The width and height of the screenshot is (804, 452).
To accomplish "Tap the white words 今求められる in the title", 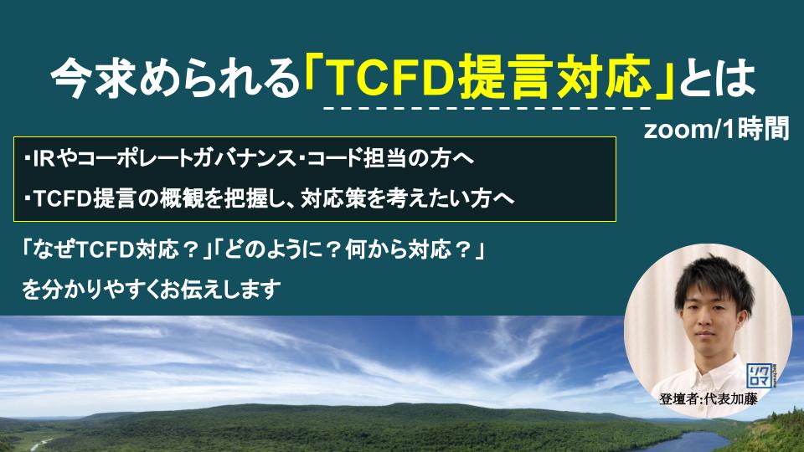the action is pyautogui.click(x=174, y=79).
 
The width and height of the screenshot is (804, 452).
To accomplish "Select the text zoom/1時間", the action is pyautogui.click(x=716, y=129).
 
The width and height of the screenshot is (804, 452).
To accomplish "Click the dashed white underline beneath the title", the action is pyautogui.click(x=487, y=109).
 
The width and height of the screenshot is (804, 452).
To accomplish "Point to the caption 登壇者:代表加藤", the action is pyautogui.click(x=709, y=398).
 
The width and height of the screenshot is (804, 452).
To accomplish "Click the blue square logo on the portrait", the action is pyautogui.click(x=759, y=376).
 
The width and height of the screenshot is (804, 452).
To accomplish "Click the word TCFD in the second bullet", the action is pyautogui.click(x=62, y=198).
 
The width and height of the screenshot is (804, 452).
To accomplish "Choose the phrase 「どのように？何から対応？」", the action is pyautogui.click(x=349, y=250).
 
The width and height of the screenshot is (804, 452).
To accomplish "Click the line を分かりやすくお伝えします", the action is pyautogui.click(x=152, y=289).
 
